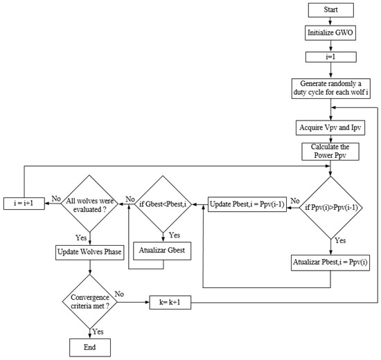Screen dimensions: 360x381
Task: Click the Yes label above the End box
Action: coord(97,330)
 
